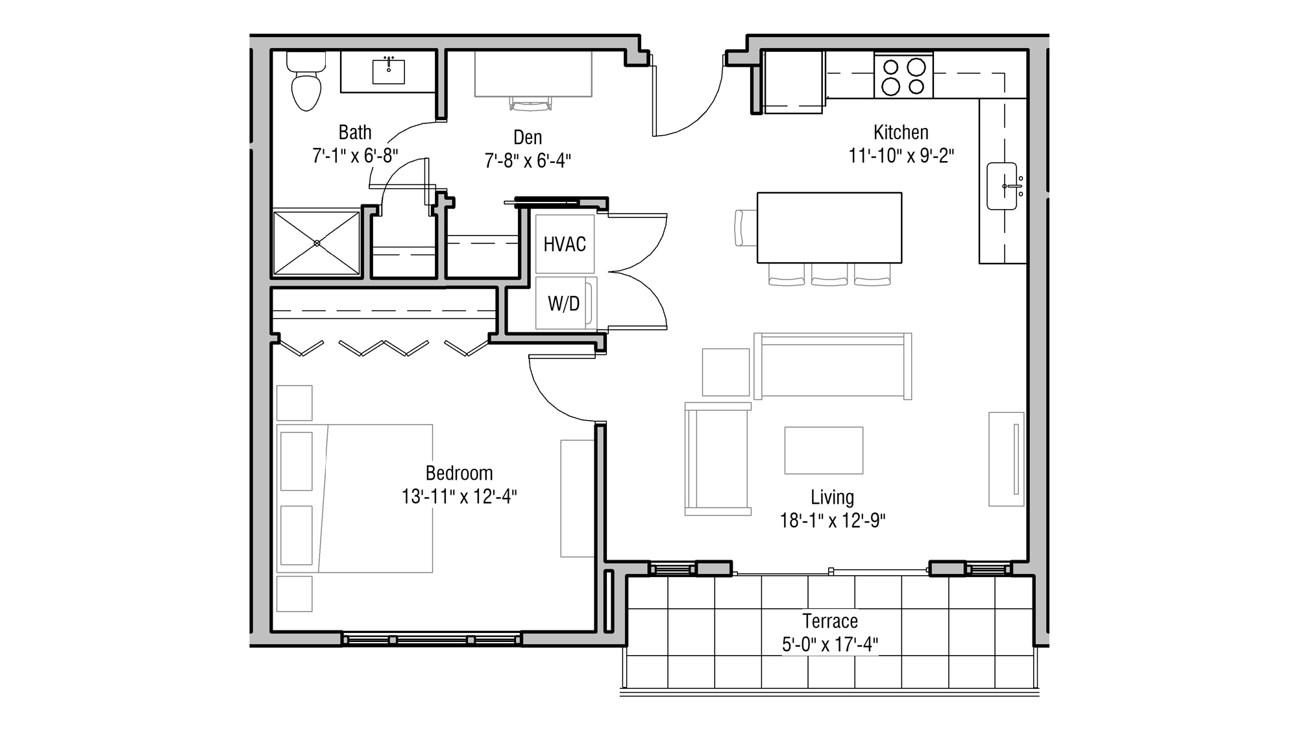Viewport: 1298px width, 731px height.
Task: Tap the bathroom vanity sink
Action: (x=388, y=71)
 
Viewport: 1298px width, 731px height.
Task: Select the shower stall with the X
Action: (x=316, y=243)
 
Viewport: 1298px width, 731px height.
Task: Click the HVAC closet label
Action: (x=565, y=244)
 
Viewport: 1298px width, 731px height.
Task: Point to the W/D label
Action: (x=563, y=303)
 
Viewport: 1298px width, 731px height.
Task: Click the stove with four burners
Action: (x=903, y=76)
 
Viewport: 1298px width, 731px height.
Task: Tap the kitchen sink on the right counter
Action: (x=1002, y=186)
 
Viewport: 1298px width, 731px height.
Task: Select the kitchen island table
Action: (x=829, y=227)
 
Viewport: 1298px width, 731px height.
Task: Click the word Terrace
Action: (x=830, y=621)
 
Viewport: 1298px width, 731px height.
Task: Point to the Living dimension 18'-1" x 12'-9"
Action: (x=832, y=521)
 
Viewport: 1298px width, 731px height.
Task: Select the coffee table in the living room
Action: (x=824, y=451)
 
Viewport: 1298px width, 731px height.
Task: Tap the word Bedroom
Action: (x=459, y=473)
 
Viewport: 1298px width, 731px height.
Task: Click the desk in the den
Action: (x=533, y=74)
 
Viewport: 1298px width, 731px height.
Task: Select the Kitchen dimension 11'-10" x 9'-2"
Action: (x=901, y=156)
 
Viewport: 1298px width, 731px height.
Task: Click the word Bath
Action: (x=355, y=132)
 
